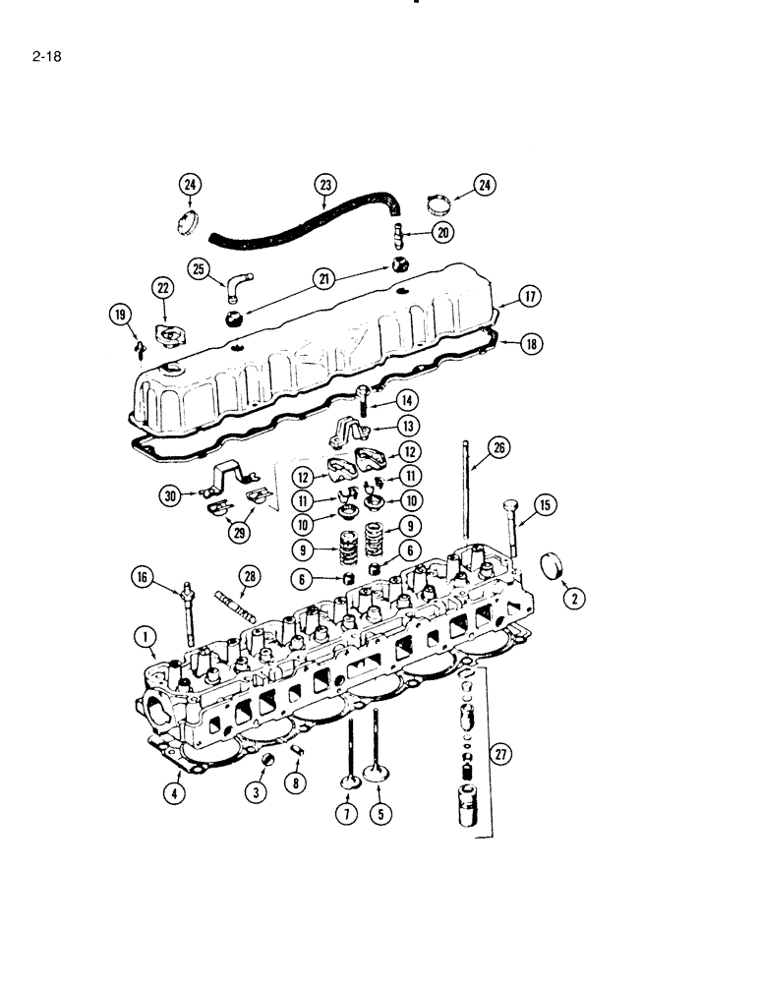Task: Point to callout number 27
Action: pyautogui.click(x=501, y=755)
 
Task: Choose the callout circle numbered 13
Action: pyautogui.click(x=404, y=426)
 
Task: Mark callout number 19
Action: pyautogui.click(x=120, y=315)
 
